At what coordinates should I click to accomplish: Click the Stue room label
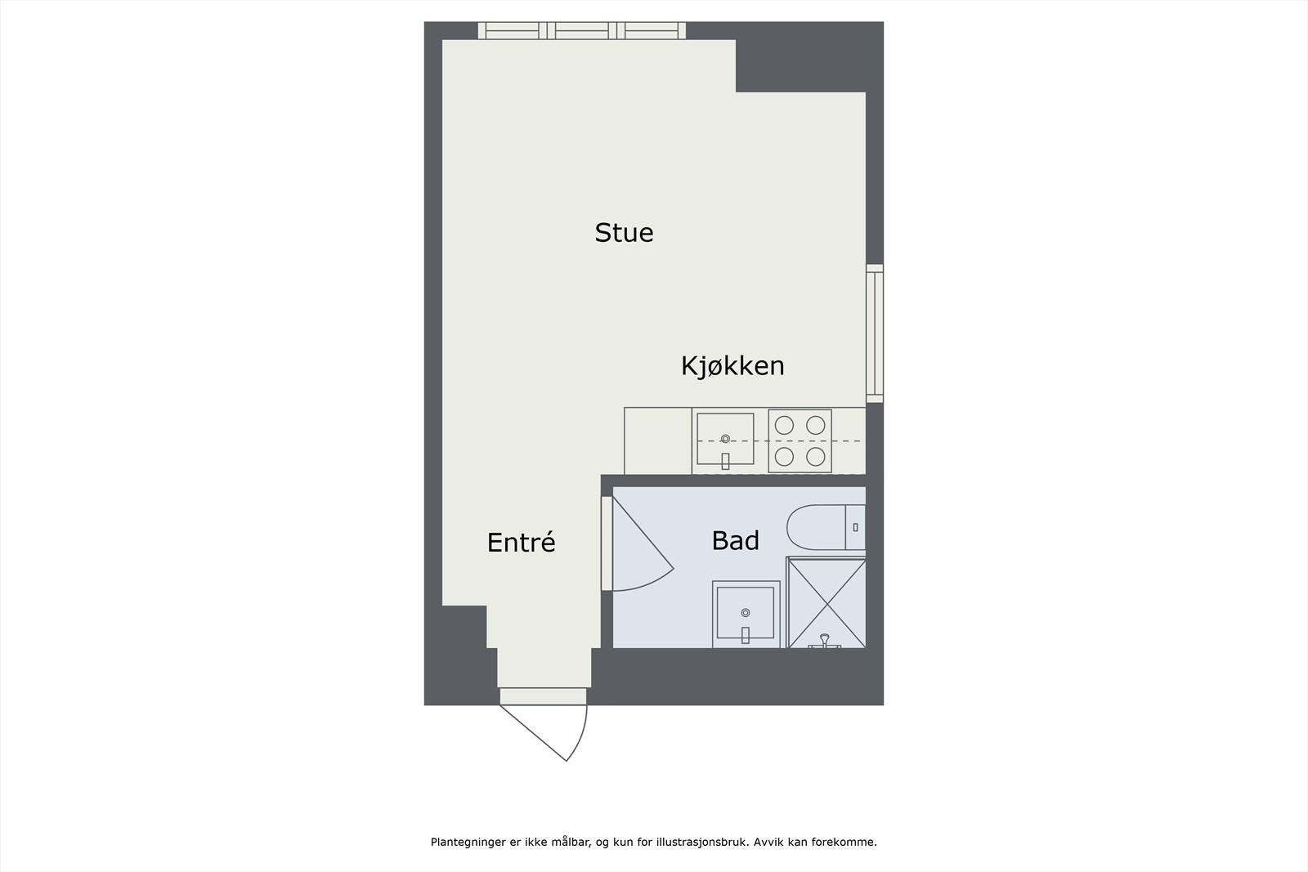tap(624, 233)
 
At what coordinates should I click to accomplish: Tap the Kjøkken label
tap(732, 365)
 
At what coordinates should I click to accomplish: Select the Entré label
tap(521, 542)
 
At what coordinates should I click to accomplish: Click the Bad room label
tap(735, 540)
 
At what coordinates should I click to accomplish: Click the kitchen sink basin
tap(725, 440)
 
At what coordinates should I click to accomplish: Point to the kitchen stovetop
tap(800, 440)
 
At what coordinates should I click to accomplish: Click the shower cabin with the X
tap(826, 602)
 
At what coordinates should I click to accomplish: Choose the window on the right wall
tap(875, 333)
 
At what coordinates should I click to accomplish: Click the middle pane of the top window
tap(581, 31)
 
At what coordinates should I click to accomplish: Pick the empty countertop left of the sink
tap(657, 440)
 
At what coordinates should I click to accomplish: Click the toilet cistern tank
tap(855, 527)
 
